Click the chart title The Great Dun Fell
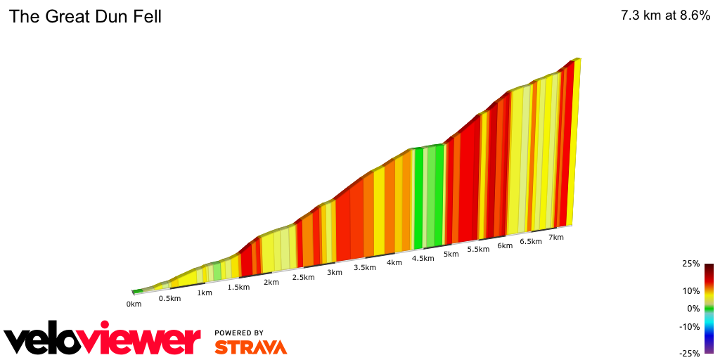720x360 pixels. coord(85,16)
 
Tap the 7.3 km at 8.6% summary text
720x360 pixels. coord(665,15)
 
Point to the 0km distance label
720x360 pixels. coord(134,304)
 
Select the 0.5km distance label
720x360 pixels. coord(169,298)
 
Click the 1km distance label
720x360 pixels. coord(205,292)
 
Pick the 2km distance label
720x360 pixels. coord(271,282)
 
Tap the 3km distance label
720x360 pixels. coord(334,272)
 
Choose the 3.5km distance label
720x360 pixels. coord(364,267)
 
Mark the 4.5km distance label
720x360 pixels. coord(423,258)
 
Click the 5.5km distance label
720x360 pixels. coord(477,250)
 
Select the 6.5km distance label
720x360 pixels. coord(530,241)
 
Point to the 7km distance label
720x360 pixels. coord(555,237)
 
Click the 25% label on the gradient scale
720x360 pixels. coord(691,264)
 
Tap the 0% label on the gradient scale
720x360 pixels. coord(693,308)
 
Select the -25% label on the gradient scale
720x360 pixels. coord(690,354)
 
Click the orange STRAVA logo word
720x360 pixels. coord(250,347)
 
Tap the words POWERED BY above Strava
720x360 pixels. coord(239,333)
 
